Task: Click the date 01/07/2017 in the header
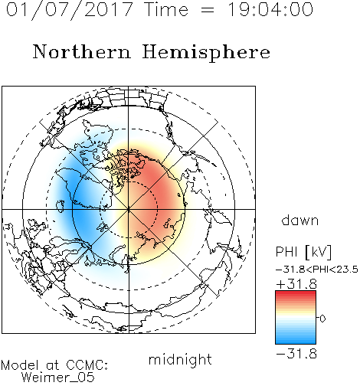69,10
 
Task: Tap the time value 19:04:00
270,9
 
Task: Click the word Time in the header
166,9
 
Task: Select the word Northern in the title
82,52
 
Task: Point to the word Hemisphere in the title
206,53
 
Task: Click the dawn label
300,220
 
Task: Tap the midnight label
180,359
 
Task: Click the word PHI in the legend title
286,252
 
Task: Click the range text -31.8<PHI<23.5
317,270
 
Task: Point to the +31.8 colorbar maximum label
296,284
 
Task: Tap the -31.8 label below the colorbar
296,354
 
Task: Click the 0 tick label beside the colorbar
322,319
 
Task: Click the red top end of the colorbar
296,293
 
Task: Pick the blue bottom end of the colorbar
296,342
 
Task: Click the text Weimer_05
57,378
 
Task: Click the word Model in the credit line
20,365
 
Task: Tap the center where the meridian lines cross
129,209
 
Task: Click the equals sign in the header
208,10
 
